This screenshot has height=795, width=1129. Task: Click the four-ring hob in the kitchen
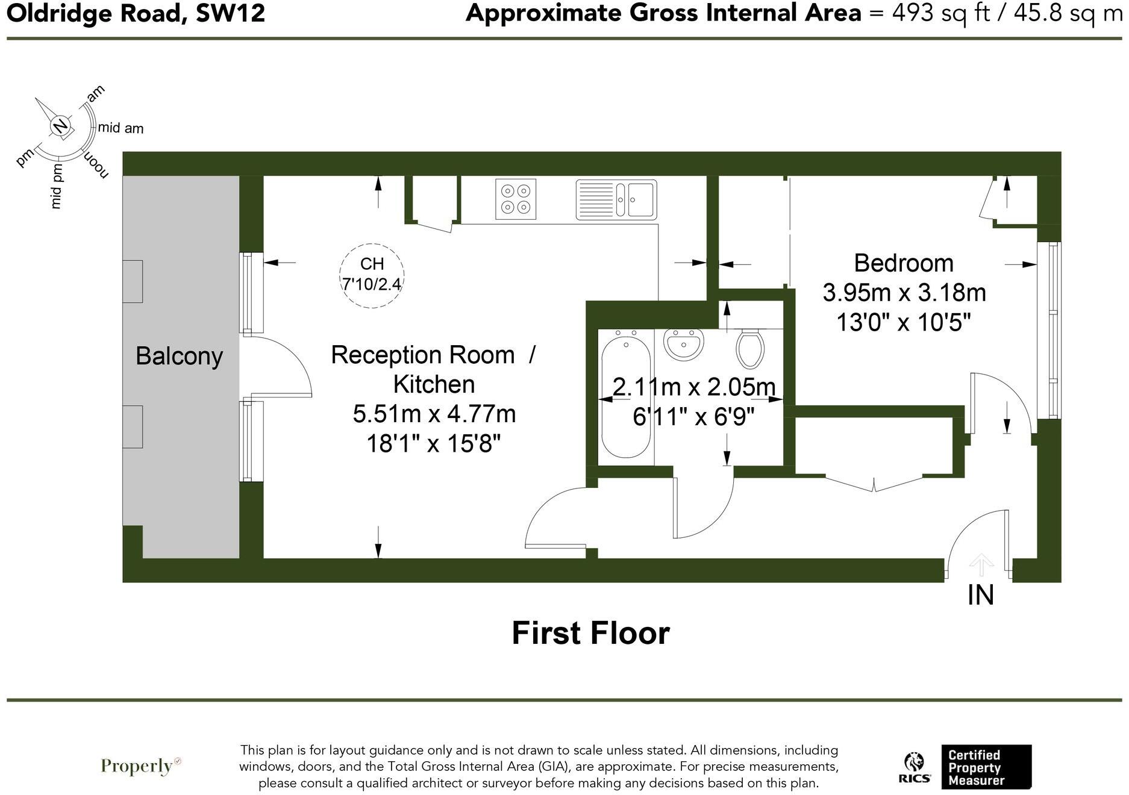coord(516,199)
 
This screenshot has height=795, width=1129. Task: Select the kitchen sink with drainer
coord(616,199)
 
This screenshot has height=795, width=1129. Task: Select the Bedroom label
coord(903,263)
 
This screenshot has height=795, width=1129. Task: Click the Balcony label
coord(179,356)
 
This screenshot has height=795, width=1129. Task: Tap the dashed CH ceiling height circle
coord(372,276)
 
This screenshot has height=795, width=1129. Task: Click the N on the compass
coord(60,126)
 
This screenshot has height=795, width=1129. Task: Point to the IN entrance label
coord(980,595)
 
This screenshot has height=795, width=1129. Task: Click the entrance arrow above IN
coord(981,565)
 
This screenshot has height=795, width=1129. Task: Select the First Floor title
coord(590,633)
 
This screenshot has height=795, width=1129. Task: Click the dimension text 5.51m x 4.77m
coord(434,414)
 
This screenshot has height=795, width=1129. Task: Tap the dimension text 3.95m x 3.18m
coord(904,293)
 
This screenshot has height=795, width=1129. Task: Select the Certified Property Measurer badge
coord(986,767)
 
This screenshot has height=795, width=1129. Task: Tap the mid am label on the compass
coord(120,128)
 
